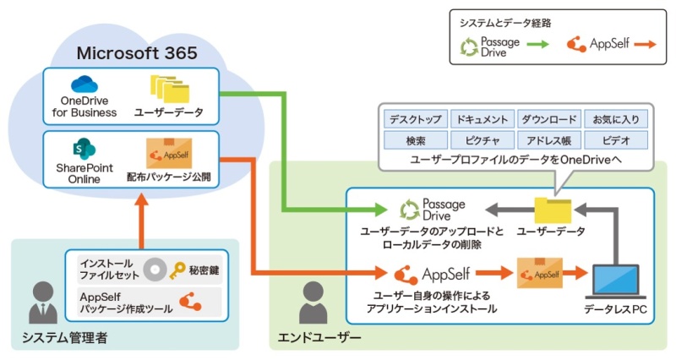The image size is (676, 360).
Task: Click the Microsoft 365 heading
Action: point(137,53)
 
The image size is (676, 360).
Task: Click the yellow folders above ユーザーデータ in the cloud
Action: point(166,87)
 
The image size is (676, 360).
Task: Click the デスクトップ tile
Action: point(414,119)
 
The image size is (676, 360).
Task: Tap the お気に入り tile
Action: point(601,119)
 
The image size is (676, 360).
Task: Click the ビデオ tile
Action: point(601,139)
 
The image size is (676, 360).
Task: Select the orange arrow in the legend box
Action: point(646,45)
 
